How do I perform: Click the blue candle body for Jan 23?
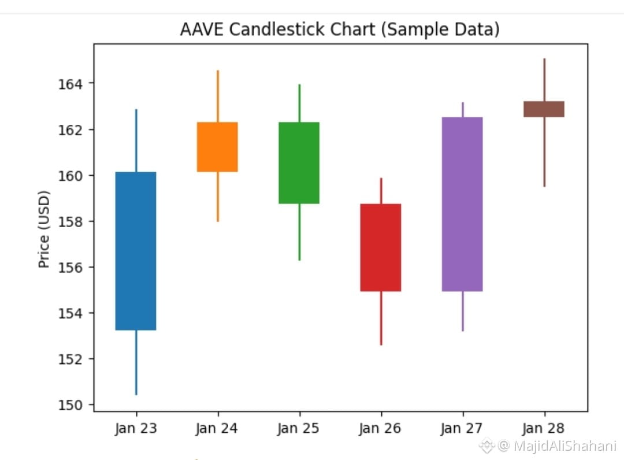tap(136, 251)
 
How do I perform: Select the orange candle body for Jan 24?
tap(217, 147)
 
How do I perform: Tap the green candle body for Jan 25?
tap(299, 163)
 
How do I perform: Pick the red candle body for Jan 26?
tap(381, 247)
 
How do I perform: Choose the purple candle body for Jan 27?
tap(462, 204)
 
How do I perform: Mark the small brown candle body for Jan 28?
tap(544, 109)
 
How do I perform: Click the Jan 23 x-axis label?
tap(136, 428)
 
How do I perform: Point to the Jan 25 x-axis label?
tap(299, 428)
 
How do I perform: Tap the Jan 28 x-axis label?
tap(544, 428)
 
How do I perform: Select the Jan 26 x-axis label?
tap(381, 428)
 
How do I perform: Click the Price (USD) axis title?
tap(44, 229)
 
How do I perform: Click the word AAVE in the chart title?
tap(202, 29)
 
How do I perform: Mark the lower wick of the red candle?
tap(381, 318)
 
